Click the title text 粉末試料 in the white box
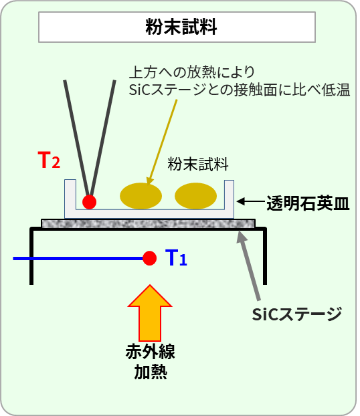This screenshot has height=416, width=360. (181, 27)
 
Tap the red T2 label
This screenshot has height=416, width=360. (49, 160)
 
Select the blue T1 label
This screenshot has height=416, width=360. (176, 257)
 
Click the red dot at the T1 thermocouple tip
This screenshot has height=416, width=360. (149, 258)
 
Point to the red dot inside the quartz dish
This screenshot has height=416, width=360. (89, 202)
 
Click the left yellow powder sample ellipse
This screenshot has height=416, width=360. (141, 196)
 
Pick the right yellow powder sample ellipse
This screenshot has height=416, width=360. (195, 196)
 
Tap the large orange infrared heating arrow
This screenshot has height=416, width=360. (150, 313)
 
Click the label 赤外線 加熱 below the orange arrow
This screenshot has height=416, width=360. (151, 362)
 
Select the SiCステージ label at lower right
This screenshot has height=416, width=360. (297, 314)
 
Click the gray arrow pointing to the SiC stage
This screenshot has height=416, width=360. (248, 266)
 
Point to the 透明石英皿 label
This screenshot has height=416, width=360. (308, 203)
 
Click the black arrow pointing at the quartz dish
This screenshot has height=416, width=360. (250, 201)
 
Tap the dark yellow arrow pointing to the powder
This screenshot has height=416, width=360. (162, 142)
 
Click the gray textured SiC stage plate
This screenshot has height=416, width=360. (148, 223)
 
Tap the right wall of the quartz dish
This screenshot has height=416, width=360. (229, 199)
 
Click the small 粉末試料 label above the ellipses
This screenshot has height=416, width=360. (198, 164)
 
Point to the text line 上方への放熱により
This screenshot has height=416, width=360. (191, 72)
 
